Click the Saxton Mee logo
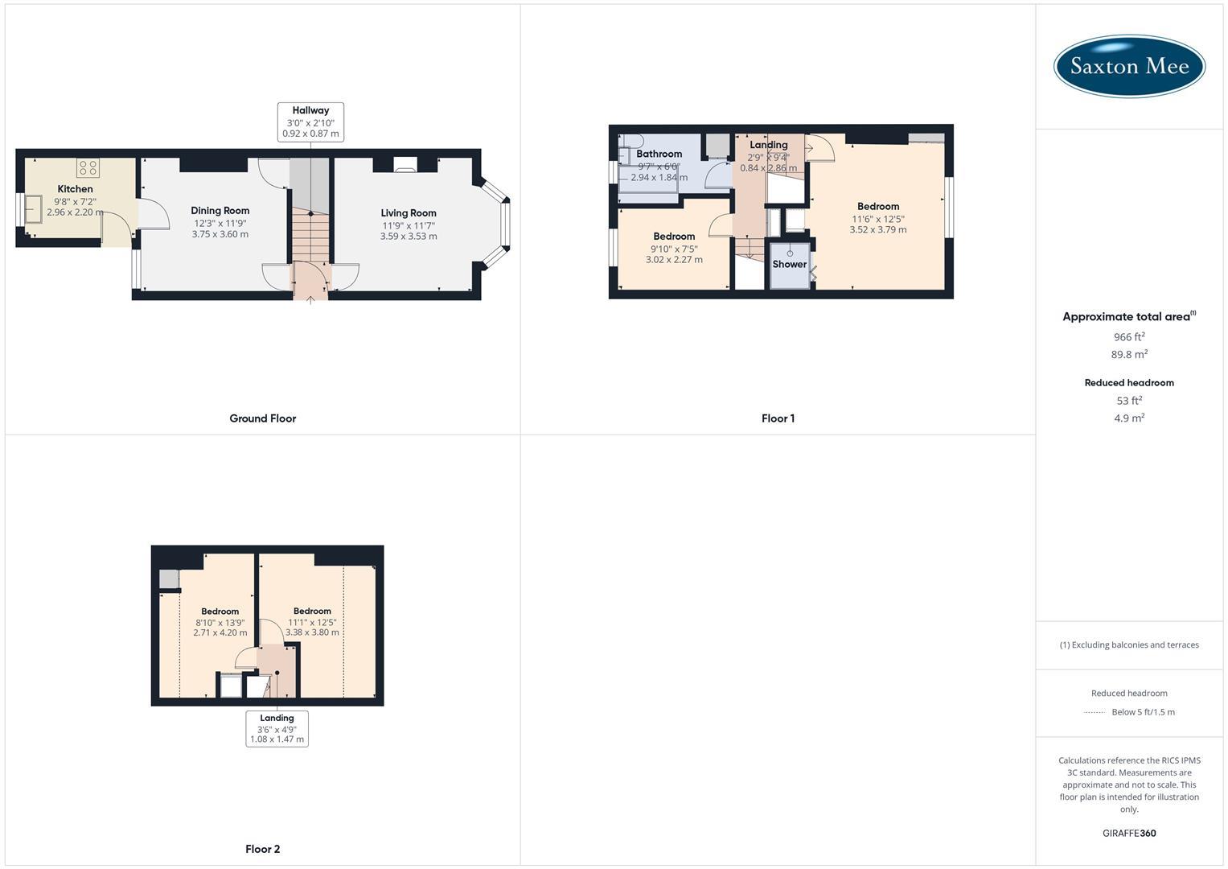[1129, 66]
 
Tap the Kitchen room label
[75, 189]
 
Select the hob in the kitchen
[88, 168]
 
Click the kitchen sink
[35, 208]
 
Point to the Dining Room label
[220, 211]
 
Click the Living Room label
[409, 213]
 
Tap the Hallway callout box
[310, 122]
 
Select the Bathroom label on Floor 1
[659, 154]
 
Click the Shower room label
[789, 264]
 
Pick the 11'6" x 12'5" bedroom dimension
[878, 219]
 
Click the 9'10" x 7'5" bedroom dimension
[674, 249]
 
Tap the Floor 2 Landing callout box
[277, 728]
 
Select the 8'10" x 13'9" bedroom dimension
[220, 623]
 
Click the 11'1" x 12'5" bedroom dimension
[312, 622]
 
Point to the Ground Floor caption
[262, 418]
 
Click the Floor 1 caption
[778, 418]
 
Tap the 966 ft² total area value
[1129, 337]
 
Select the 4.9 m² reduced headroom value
[1129, 418]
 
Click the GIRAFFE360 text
[1129, 834]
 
